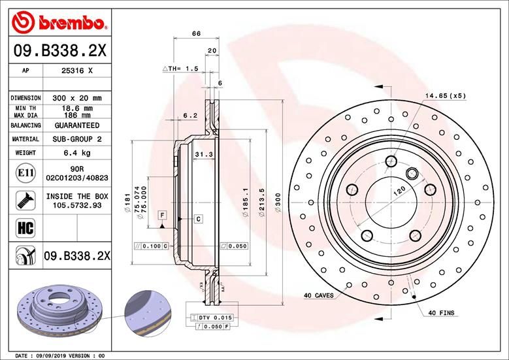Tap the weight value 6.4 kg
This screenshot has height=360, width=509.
coord(76,153)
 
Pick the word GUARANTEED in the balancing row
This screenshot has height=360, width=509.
coord(76,125)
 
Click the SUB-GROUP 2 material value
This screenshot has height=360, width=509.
coord(76,139)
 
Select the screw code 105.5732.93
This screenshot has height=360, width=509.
coord(76,205)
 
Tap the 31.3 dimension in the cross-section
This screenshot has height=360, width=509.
coord(202,154)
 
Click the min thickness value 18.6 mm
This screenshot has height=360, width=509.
coord(76,107)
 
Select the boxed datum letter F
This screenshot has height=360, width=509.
coord(162,215)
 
